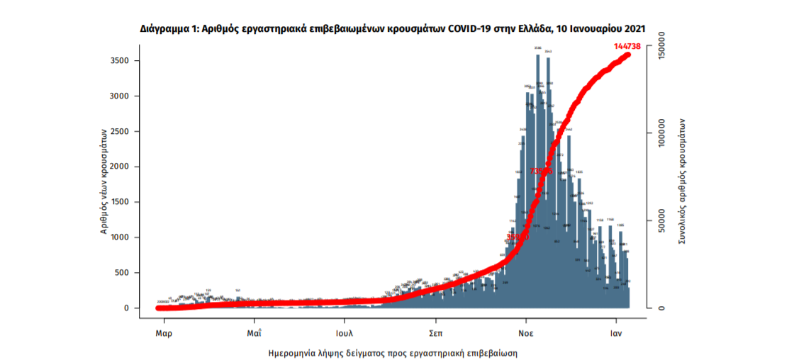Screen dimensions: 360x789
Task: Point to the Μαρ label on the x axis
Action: tap(164, 332)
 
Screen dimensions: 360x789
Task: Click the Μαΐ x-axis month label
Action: tap(254, 332)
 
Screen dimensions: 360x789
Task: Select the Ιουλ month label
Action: tap(345, 332)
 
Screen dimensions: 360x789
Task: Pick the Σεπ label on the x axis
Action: tap(436, 332)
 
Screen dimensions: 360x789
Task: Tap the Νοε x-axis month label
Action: tap(525, 332)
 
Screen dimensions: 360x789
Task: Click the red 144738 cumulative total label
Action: tap(627, 46)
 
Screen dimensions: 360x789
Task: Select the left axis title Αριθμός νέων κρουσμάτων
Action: tap(103, 181)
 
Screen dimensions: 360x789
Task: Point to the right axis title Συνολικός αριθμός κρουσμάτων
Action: tap(683, 181)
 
